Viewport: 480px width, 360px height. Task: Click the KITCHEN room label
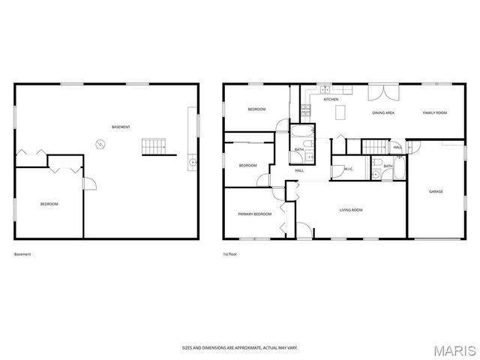[x=331, y=99]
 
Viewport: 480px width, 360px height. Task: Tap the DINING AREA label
[x=383, y=112]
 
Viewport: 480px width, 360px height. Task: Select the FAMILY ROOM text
[x=435, y=112]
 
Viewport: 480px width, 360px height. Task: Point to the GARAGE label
[x=436, y=191]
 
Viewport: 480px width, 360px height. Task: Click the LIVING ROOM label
[x=351, y=210]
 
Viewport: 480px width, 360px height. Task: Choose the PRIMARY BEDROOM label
[x=255, y=214]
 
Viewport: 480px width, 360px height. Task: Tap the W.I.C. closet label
[x=349, y=169]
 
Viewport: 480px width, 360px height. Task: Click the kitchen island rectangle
[x=340, y=112]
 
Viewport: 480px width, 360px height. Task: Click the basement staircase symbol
[x=153, y=145]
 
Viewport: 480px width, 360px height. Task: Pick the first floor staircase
[x=374, y=145]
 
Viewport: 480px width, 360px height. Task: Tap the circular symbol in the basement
[x=99, y=142]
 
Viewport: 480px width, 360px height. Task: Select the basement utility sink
[x=193, y=161]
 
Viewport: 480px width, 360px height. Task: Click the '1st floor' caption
[x=230, y=254]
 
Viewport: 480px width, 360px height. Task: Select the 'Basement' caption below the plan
[x=23, y=254]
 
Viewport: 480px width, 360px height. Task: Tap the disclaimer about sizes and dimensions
[x=240, y=347]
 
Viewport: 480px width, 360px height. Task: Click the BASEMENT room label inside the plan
[x=121, y=127]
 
